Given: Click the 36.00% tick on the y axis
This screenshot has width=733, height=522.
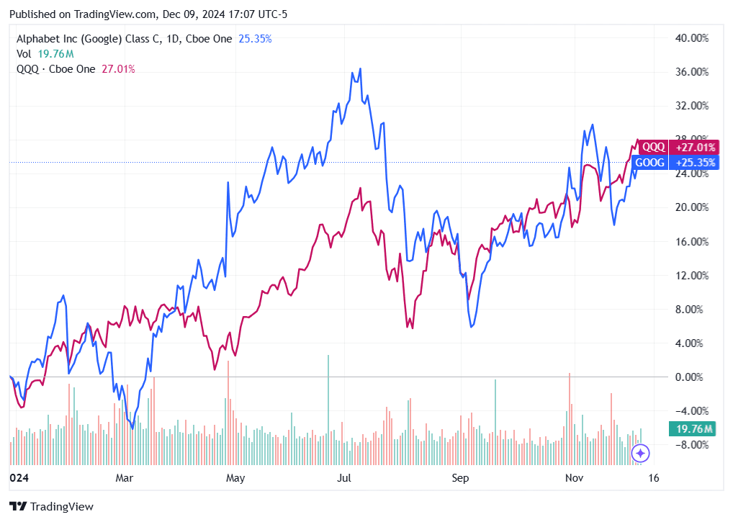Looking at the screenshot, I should click(x=693, y=72).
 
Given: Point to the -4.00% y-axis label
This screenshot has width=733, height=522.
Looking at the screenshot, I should click(x=693, y=411).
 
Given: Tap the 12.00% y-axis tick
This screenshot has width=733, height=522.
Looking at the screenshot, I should click(x=693, y=276).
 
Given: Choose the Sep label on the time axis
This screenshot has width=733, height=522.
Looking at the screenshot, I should click(x=461, y=477).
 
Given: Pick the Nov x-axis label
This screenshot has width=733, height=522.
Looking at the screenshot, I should click(x=573, y=477).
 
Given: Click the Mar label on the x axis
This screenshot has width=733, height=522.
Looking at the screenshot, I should click(x=125, y=477).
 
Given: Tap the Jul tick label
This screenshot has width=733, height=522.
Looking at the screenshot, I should click(x=346, y=477).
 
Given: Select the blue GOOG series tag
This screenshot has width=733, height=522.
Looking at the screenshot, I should click(x=651, y=163).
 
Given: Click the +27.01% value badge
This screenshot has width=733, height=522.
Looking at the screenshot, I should click(x=693, y=147).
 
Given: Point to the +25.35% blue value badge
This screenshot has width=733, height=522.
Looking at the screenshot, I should click(x=693, y=163).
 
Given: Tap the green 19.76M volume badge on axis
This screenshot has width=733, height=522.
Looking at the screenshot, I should click(x=692, y=430).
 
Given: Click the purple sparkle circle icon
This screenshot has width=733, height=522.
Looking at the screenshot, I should click(x=641, y=454).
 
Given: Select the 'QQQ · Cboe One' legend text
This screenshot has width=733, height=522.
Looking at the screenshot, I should click(x=55, y=69).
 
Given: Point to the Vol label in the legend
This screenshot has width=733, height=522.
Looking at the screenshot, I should click(x=24, y=54).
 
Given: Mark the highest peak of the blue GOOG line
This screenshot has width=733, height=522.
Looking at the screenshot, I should click(x=360, y=69).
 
